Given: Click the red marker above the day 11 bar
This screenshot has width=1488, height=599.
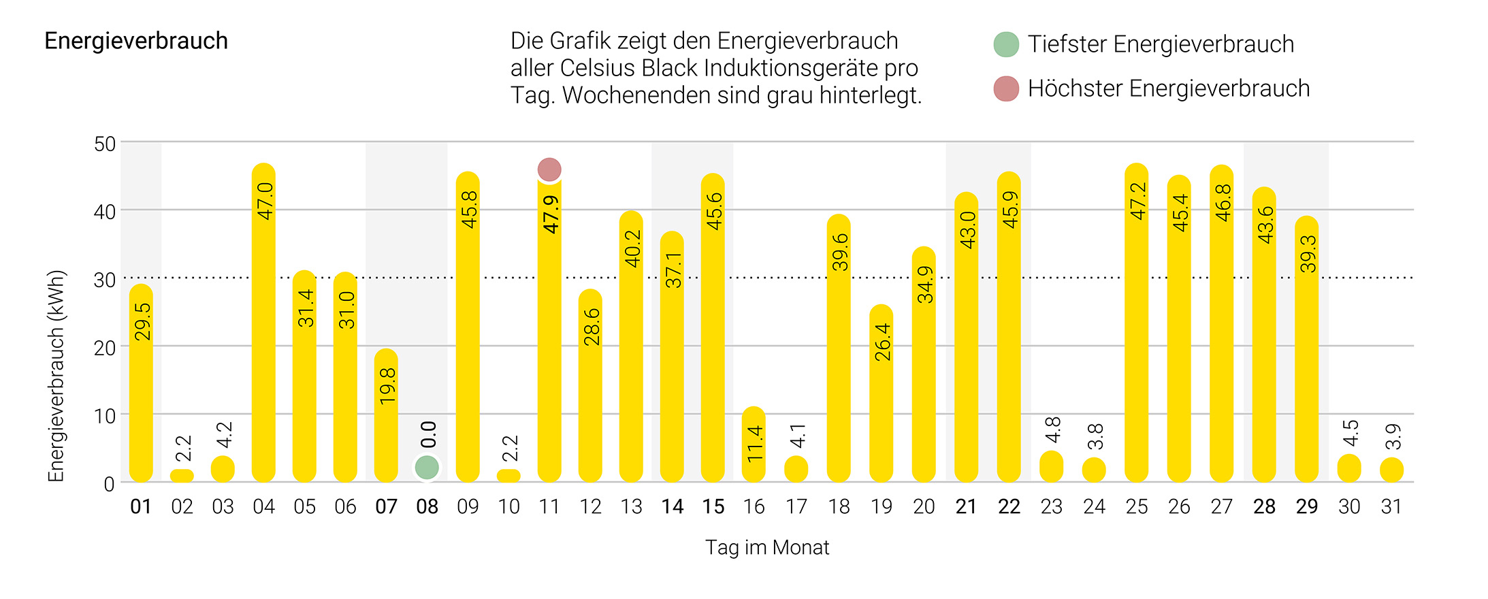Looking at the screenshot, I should tap(549, 169).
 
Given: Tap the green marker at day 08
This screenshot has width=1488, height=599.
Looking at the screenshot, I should tap(427, 468).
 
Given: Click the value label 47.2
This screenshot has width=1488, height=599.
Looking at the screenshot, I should tap(1137, 201).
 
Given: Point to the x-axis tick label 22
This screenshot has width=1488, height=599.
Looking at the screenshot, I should tap(1009, 507).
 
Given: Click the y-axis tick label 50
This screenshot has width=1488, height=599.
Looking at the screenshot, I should tap(105, 144).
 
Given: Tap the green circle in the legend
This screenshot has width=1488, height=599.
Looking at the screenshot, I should tap(1006, 44).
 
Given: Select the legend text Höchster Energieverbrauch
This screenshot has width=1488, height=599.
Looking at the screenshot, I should tap(1168, 88).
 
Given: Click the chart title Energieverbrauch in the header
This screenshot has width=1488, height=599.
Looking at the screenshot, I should tap(136, 41).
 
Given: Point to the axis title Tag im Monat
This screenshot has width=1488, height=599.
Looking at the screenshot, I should tap(767, 548).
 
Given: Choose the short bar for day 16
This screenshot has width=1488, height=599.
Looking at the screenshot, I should tap(754, 446).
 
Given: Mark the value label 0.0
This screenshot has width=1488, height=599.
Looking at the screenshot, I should tap(428, 434).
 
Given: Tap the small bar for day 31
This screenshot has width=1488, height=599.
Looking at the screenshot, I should tap(1391, 470).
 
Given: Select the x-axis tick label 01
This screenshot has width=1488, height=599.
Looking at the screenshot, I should tap(141, 507).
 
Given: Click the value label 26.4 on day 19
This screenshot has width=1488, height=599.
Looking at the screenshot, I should tap(882, 342).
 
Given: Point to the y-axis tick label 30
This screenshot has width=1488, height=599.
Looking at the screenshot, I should tap(105, 280).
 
